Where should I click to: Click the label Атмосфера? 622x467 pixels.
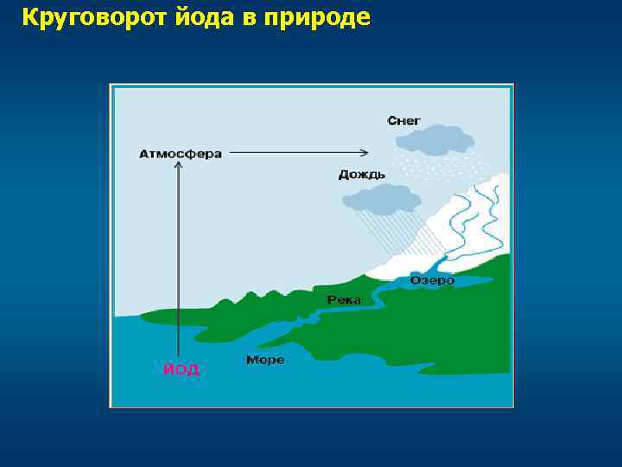(181, 154)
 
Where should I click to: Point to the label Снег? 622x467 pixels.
(404, 121)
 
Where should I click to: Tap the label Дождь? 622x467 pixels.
(362, 175)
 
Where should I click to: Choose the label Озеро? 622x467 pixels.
(432, 281)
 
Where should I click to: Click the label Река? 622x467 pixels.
(344, 299)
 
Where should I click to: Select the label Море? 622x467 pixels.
(265, 359)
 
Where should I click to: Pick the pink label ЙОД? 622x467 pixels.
(181, 369)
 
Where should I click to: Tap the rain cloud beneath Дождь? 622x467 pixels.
(377, 201)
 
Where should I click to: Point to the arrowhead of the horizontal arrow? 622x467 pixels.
(371, 153)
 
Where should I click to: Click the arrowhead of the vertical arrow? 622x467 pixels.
(178, 169)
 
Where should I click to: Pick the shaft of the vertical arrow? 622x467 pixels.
(178, 259)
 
